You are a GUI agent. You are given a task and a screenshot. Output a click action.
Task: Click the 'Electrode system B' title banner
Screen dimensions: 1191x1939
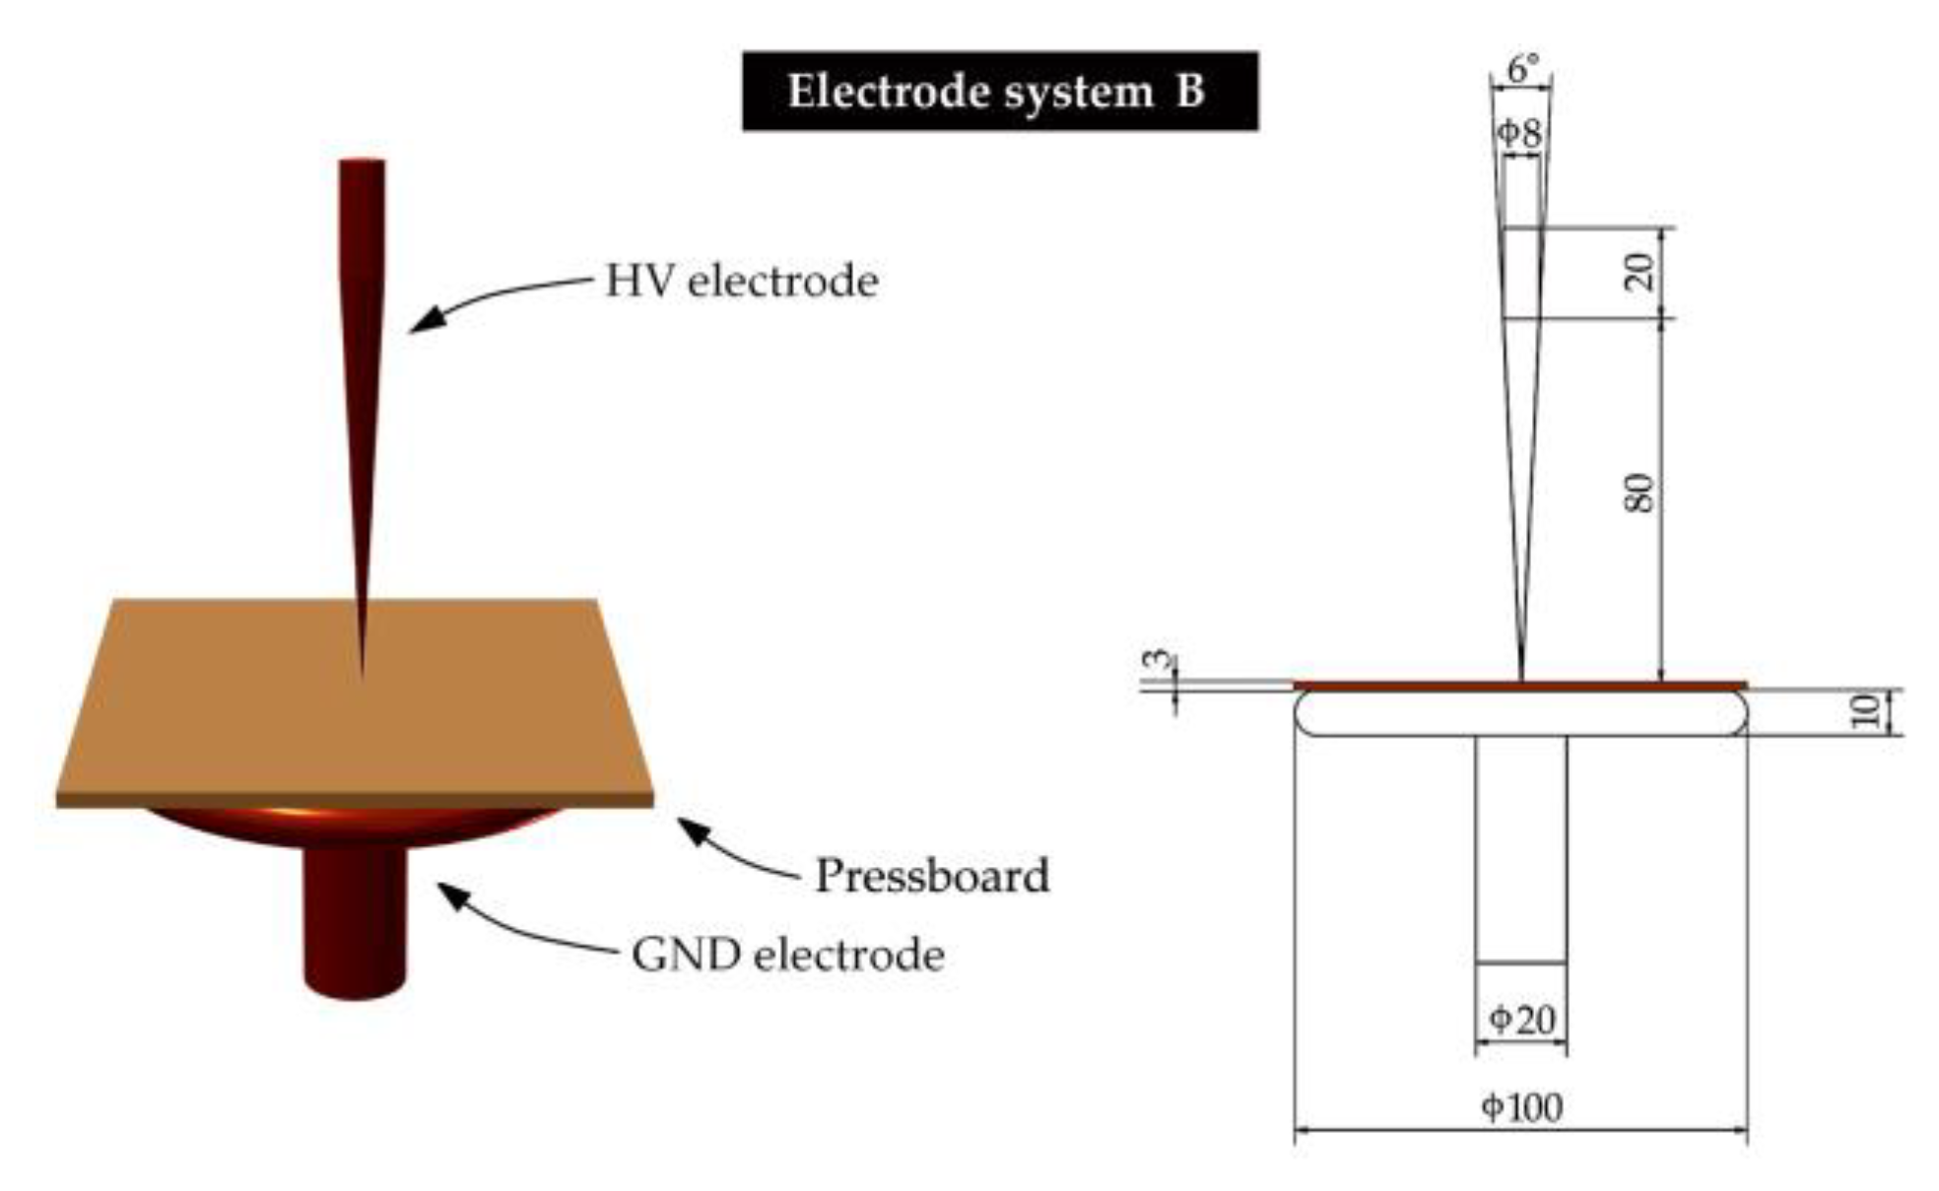(x=999, y=91)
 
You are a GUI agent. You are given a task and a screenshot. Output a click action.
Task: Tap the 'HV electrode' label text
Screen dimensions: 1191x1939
(x=741, y=281)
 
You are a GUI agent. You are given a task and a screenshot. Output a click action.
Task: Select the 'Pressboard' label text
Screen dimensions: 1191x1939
(x=931, y=876)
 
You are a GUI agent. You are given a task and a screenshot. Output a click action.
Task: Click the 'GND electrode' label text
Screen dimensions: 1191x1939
(x=787, y=955)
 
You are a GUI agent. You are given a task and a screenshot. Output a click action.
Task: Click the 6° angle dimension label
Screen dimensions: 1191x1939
(x=1522, y=69)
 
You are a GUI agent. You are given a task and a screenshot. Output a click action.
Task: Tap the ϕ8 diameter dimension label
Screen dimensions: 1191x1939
(x=1520, y=133)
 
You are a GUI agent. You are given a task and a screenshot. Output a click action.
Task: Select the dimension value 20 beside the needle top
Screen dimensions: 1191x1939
(x=1638, y=272)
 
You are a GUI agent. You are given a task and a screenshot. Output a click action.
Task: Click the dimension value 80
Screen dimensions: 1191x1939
(x=1638, y=493)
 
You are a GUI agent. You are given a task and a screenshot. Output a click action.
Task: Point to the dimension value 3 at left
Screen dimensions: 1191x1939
(x=1163, y=660)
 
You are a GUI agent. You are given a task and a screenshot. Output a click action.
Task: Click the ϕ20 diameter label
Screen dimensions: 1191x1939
(x=1521, y=1019)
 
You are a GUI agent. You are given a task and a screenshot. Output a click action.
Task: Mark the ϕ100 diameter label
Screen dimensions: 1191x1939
(x=1521, y=1107)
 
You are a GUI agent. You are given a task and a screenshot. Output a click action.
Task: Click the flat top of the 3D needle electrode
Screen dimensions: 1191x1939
(x=362, y=163)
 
